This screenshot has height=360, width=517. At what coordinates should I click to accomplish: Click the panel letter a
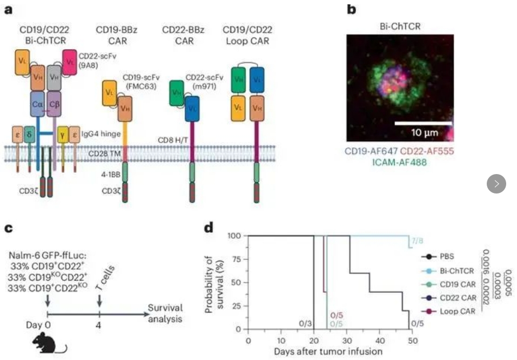pyautogui.click(x=9, y=10)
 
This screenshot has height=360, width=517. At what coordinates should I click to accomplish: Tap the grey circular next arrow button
pyautogui.click(x=496, y=184)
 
